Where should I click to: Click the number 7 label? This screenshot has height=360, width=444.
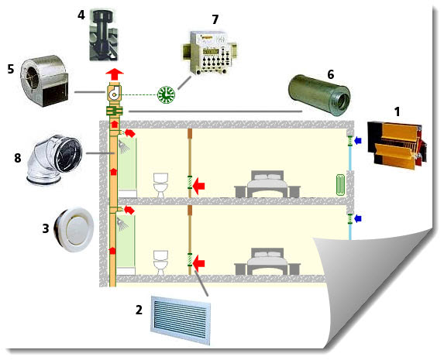point(215,20)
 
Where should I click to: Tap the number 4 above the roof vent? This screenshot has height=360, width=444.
point(81,15)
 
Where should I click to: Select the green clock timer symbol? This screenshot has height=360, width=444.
point(167,94)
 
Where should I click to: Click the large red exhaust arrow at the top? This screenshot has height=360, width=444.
point(115,74)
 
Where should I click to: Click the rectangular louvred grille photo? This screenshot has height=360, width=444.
point(181,320)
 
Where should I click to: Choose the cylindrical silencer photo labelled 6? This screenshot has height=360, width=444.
point(318,95)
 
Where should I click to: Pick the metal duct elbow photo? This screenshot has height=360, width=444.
point(54,160)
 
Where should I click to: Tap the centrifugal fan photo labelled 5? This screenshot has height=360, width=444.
point(44,81)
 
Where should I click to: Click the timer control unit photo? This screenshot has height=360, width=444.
point(208,53)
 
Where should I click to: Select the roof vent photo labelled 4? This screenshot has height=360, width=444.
point(103,35)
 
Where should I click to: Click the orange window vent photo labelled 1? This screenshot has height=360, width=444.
point(397,146)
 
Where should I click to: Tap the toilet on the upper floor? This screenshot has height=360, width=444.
point(160,185)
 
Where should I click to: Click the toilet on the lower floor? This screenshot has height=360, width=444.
point(160,262)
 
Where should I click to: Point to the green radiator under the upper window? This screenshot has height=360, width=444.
point(340,185)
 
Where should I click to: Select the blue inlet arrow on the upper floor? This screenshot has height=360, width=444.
point(358,140)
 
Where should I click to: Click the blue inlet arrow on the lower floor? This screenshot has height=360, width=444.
point(358,218)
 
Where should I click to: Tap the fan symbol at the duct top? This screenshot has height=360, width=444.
point(115,93)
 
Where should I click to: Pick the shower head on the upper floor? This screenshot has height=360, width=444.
point(123,147)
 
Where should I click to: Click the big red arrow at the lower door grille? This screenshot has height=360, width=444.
point(199,263)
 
